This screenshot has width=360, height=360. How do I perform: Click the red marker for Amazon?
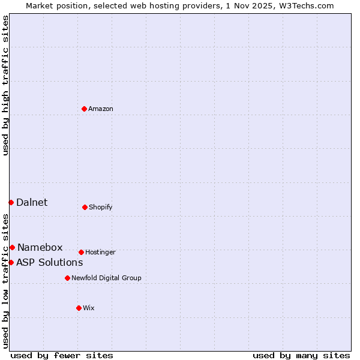point(85,109)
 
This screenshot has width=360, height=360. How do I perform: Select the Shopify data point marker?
point(85,207)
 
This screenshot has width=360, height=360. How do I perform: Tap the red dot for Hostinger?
point(81,252)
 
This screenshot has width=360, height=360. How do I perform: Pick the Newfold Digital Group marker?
point(67,278)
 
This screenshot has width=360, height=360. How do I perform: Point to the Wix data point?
point(79,308)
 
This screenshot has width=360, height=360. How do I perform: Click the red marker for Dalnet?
point(11,202)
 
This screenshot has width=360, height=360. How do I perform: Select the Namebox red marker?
point(12,247)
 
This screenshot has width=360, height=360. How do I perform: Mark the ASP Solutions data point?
point(11,262)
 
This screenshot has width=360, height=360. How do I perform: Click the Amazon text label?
point(101,109)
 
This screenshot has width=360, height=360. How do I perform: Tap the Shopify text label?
point(101,207)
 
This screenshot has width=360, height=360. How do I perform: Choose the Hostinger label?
point(100,252)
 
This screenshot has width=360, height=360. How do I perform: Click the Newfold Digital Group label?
point(106,278)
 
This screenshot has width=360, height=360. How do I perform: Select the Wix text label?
point(89,308)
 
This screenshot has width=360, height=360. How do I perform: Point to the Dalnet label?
point(32,202)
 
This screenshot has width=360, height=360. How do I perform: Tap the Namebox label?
point(40,247)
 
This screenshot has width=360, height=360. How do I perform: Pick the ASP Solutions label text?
point(49,262)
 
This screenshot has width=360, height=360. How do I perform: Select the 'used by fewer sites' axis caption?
point(62,355)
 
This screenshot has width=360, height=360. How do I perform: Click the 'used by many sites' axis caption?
point(301,355)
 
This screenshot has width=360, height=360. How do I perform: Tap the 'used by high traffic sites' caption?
point(5,85)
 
